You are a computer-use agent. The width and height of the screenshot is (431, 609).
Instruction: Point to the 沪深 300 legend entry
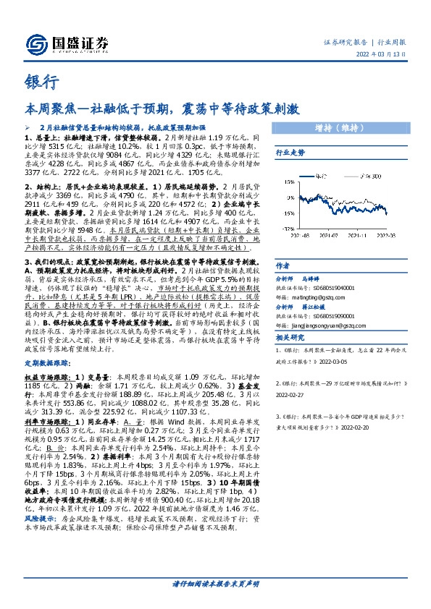[x=373, y=175]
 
